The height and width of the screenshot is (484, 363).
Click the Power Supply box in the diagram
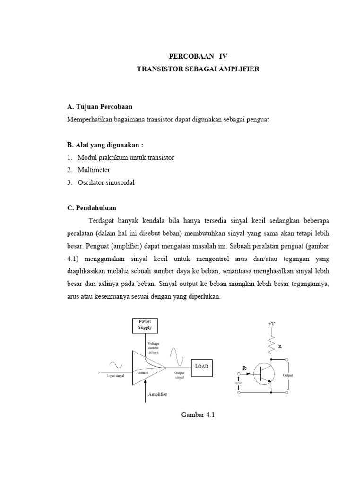click(x=145, y=325)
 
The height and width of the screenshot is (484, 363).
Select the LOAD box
click(x=201, y=367)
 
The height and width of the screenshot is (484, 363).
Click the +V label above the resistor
click(x=271, y=324)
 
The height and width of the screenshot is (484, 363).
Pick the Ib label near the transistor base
click(x=244, y=368)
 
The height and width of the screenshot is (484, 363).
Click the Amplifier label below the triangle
click(x=157, y=394)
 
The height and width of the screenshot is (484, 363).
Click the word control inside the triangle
click(x=143, y=373)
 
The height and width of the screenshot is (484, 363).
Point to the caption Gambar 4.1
click(x=199, y=415)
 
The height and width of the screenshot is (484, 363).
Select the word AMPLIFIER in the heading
click(x=238, y=69)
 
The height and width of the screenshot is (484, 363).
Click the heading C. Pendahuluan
click(x=92, y=208)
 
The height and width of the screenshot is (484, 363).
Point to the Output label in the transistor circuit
click(x=288, y=375)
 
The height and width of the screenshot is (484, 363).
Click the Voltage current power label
click(x=154, y=347)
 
